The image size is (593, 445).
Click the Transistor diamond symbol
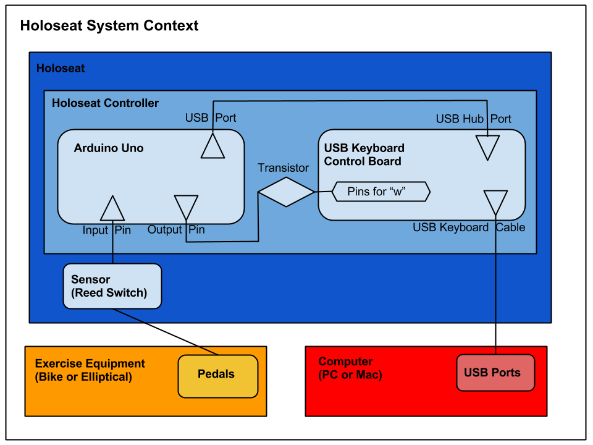(x=286, y=192)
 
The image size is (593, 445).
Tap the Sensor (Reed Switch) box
(x=112, y=286)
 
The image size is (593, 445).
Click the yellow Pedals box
(x=217, y=376)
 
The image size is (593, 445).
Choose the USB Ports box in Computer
(x=495, y=373)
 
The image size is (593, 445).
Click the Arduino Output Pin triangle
(x=186, y=206)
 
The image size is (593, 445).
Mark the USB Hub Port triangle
(x=487, y=147)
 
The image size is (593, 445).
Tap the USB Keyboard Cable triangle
(x=495, y=201)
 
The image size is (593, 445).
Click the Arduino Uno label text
(x=109, y=148)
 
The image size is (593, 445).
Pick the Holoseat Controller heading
(x=105, y=103)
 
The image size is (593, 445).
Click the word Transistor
(x=283, y=168)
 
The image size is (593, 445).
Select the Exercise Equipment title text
(x=90, y=364)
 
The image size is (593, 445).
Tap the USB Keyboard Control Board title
(x=364, y=155)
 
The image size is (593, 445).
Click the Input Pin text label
(x=107, y=230)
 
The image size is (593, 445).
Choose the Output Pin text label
(x=176, y=230)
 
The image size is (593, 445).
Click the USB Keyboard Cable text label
(x=469, y=227)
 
